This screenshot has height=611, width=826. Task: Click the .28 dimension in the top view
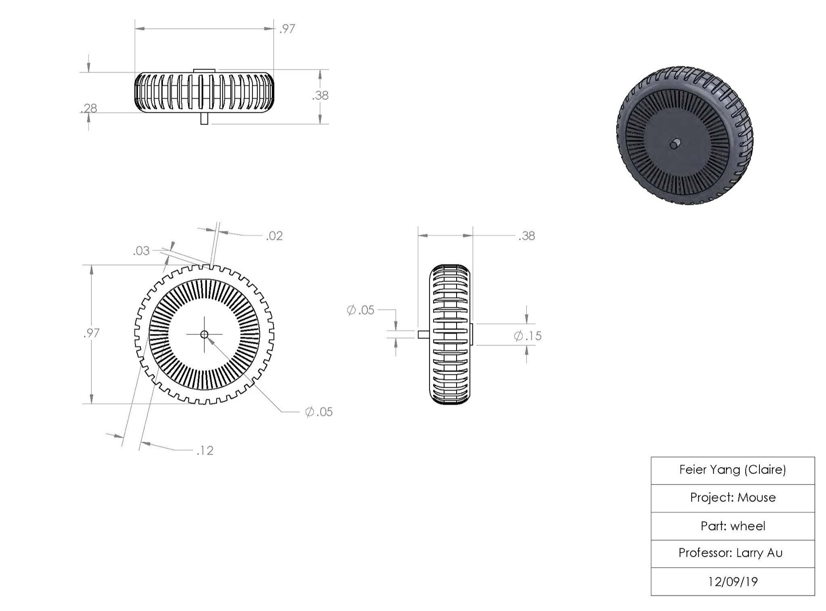tap(89, 108)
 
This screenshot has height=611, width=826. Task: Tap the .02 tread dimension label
tap(274, 236)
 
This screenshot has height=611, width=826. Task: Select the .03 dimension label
tap(141, 251)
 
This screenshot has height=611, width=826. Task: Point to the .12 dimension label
tap(205, 451)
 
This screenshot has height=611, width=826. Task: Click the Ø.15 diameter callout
tap(528, 336)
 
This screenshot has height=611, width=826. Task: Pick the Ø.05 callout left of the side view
tap(361, 310)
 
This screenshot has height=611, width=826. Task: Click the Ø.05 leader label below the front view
tap(319, 412)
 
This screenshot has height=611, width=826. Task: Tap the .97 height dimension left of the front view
tap(91, 333)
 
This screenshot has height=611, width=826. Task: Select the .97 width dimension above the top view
tap(287, 29)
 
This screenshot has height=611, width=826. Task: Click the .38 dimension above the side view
tap(526, 236)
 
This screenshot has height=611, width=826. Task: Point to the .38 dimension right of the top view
tap(320, 96)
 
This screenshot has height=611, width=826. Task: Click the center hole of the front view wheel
tap(205, 334)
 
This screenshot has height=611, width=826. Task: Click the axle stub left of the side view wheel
tap(424, 334)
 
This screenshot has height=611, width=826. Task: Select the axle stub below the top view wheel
tap(205, 119)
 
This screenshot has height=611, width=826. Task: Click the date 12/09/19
tap(733, 582)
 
